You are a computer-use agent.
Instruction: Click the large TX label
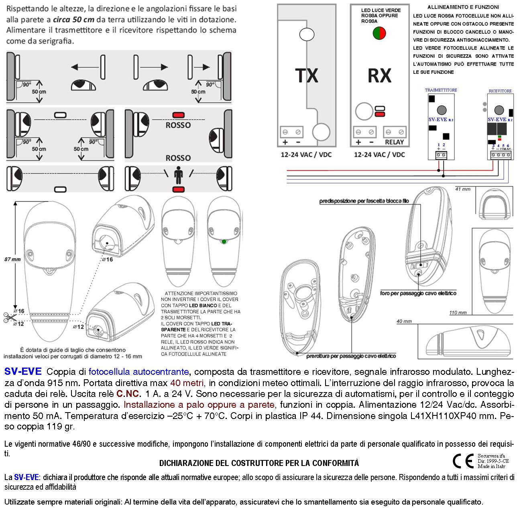point(307,75)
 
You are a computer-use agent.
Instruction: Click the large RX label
point(379,75)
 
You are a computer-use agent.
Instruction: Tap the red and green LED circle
point(379,33)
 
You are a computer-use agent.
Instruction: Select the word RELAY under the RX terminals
point(394,142)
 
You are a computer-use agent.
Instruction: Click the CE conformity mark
point(463,461)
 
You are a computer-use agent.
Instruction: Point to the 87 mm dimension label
point(12,259)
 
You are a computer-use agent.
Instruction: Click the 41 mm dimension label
point(462,188)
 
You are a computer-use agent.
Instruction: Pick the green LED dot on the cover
point(224,242)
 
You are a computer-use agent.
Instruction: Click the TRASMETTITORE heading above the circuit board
point(441,90)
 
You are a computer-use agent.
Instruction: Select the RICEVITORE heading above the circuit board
point(500,91)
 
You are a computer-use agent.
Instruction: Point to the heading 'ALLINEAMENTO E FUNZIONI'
point(463,7)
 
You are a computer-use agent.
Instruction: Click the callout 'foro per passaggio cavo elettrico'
point(418,294)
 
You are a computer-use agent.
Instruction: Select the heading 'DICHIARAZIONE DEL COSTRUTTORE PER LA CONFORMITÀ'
point(259,463)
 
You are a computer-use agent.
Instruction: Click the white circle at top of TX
point(307,35)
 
